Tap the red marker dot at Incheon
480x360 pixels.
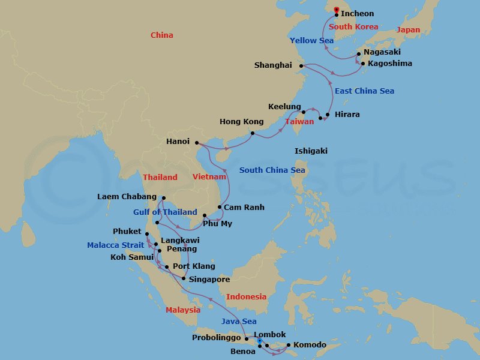[x=336, y=9]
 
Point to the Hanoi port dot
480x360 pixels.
[x=197, y=142]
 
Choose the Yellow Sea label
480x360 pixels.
[x=311, y=41]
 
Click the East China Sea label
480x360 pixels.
[x=364, y=91]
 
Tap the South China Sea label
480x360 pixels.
[x=272, y=170]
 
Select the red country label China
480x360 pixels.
[x=161, y=35]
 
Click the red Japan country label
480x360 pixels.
[x=408, y=30]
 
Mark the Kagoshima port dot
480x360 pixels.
[x=362, y=63]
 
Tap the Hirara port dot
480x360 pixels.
[x=328, y=114]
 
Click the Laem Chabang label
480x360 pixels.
[x=127, y=197]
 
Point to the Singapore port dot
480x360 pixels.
[x=183, y=278]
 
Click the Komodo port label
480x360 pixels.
[x=310, y=345]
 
